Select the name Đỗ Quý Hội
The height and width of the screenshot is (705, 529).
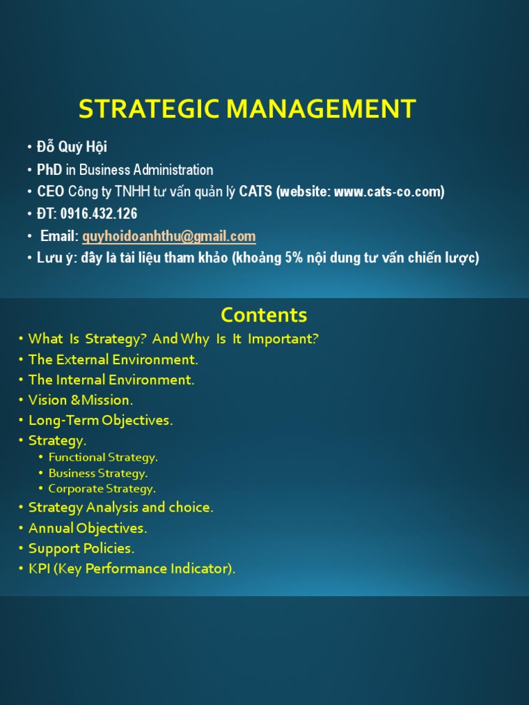pyautogui.click(x=72, y=147)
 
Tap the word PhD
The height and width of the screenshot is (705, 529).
pyautogui.click(x=50, y=169)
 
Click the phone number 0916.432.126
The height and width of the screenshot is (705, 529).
pyautogui.click(x=98, y=213)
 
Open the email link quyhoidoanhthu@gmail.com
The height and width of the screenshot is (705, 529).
pyautogui.click(x=169, y=236)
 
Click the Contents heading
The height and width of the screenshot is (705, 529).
pyautogui.click(x=264, y=315)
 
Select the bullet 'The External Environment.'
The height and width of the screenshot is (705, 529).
pyautogui.click(x=113, y=359)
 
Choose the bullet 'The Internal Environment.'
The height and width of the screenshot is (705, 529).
pyautogui.click(x=112, y=379)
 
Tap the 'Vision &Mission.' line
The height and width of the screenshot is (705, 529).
pyautogui.click(x=81, y=400)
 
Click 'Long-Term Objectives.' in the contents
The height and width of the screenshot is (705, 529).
pyautogui.click(x=101, y=420)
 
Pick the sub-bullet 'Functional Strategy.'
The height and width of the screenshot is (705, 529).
pyautogui.click(x=103, y=457)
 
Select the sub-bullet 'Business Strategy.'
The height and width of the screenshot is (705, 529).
pyautogui.click(x=98, y=473)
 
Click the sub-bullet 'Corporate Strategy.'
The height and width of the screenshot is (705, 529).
pyautogui.click(x=102, y=489)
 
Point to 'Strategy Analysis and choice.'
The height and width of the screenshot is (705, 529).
pyautogui.click(x=121, y=507)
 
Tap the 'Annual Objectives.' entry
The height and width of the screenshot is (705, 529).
pyautogui.click(x=87, y=528)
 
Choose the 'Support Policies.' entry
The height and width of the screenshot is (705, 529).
pyautogui.click(x=81, y=549)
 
